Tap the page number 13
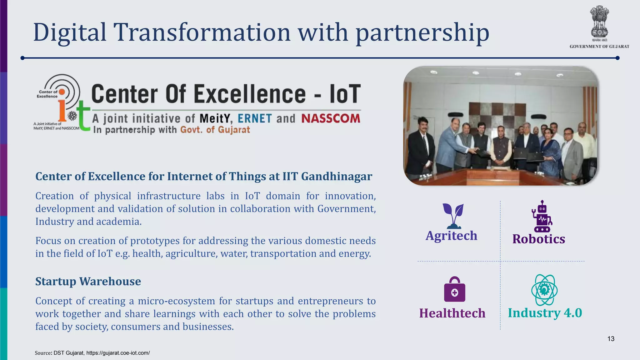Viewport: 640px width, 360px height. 611,339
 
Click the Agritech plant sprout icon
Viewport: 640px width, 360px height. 453,216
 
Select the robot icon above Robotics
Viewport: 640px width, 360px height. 542,217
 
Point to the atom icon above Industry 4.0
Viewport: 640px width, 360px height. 544,290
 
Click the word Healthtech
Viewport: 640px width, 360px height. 452,313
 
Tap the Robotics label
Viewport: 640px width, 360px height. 538,239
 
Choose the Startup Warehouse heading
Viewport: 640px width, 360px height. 88,281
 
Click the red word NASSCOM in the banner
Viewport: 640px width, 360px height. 331,118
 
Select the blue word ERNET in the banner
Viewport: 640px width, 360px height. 255,118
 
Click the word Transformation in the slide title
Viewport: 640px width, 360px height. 202,32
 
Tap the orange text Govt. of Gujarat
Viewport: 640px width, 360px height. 215,130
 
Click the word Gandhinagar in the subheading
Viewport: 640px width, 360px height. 336,176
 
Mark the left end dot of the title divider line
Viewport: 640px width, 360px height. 22,58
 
